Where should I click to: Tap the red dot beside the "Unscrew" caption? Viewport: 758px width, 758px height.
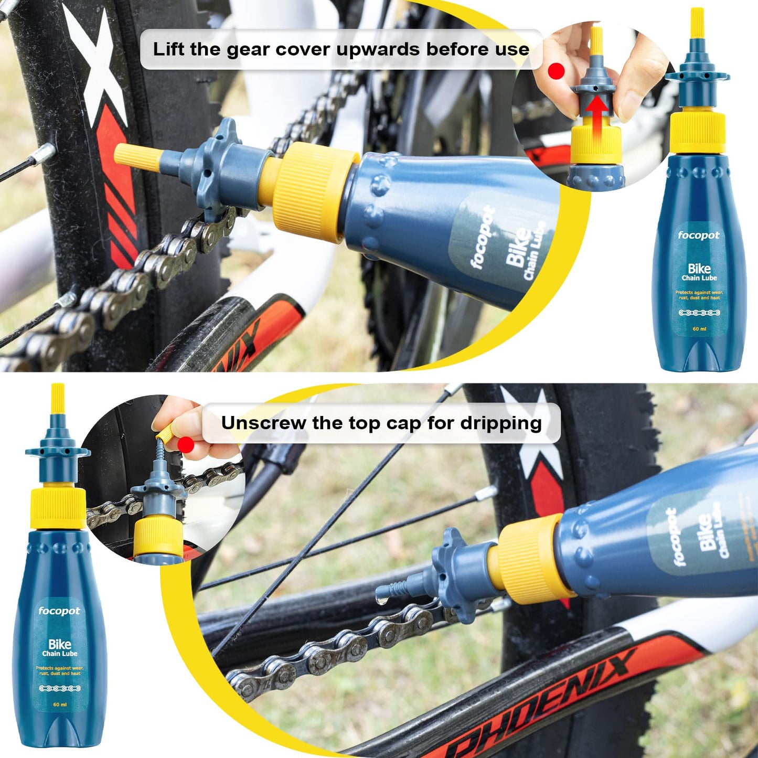(186, 445)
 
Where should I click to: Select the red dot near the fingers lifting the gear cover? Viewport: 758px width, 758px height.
(556, 70)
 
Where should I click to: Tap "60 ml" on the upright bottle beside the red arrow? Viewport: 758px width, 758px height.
(699, 329)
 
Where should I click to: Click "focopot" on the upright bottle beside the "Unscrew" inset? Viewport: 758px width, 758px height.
(59, 611)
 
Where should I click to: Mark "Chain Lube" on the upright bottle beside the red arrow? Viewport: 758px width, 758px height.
(699, 278)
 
